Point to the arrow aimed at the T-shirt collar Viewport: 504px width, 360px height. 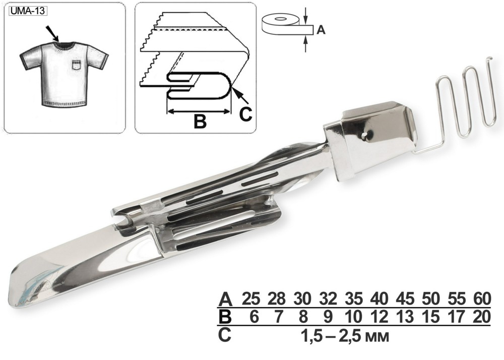(52, 33)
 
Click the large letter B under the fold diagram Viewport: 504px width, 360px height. (200, 122)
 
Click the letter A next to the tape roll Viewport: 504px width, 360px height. (321, 30)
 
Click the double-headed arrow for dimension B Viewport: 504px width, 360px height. (199, 111)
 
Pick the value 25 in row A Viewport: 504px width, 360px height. (250, 299)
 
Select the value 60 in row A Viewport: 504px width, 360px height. (482, 299)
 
